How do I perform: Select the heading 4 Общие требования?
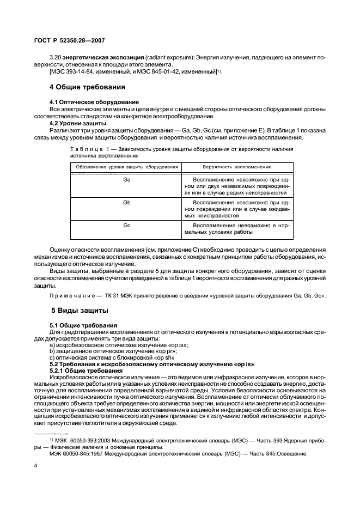pos(88,87)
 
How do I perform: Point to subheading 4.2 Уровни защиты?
pos(77,123)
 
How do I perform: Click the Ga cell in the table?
pos(126,179)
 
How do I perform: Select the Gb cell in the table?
pos(126,202)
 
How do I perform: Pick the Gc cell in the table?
pos(126,224)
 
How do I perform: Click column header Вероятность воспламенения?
pos(237,166)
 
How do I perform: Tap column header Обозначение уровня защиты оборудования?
pos(126,166)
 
